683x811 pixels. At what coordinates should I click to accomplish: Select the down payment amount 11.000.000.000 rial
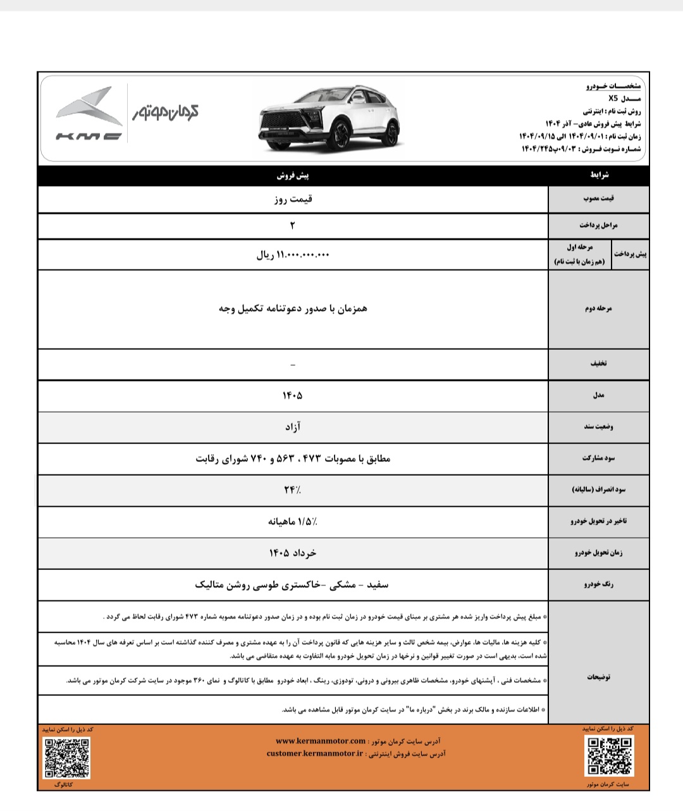coord(293,255)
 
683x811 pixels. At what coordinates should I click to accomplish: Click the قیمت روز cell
coord(293,199)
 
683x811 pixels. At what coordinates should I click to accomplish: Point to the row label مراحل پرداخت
coord(598,226)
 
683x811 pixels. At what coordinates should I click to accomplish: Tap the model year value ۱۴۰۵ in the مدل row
coord(292,395)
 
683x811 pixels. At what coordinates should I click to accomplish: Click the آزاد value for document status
coord(293,427)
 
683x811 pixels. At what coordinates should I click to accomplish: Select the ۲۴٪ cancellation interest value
coord(292,490)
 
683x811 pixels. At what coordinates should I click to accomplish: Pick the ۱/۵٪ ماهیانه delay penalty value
coord(292,522)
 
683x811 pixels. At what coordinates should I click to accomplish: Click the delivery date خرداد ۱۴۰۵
coord(292,553)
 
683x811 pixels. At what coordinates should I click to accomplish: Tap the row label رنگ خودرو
coord(598,585)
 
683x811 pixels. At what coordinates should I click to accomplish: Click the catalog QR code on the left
coord(66,757)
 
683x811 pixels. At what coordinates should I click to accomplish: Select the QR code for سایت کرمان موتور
coord(610,756)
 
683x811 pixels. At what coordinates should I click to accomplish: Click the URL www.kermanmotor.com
coord(321,741)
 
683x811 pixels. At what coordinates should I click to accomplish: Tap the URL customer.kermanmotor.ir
coord(315,753)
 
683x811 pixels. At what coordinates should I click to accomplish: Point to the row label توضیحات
coord(598,677)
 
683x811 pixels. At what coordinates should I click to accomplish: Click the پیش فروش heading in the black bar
coord(293,175)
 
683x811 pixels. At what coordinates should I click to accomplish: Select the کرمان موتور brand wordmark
coord(165,112)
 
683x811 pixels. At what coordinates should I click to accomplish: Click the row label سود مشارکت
coord(598,459)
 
